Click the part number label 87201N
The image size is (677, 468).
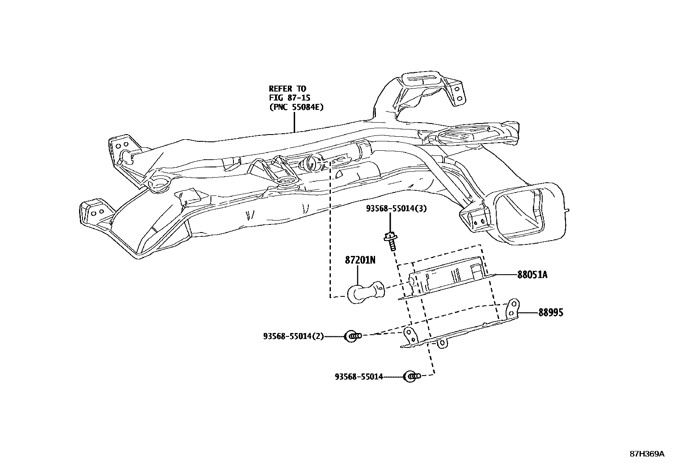pyautogui.click(x=360, y=260)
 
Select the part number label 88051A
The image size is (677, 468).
pyautogui.click(x=532, y=275)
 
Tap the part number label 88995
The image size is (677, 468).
pyautogui.click(x=551, y=313)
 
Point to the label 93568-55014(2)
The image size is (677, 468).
pyautogui.click(x=293, y=336)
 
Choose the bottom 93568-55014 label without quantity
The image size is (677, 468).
pyautogui.click(x=358, y=376)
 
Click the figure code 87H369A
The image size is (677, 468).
pyautogui.click(x=646, y=454)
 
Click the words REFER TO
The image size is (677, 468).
pyautogui.click(x=287, y=89)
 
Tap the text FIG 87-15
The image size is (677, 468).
pyautogui.click(x=289, y=98)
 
